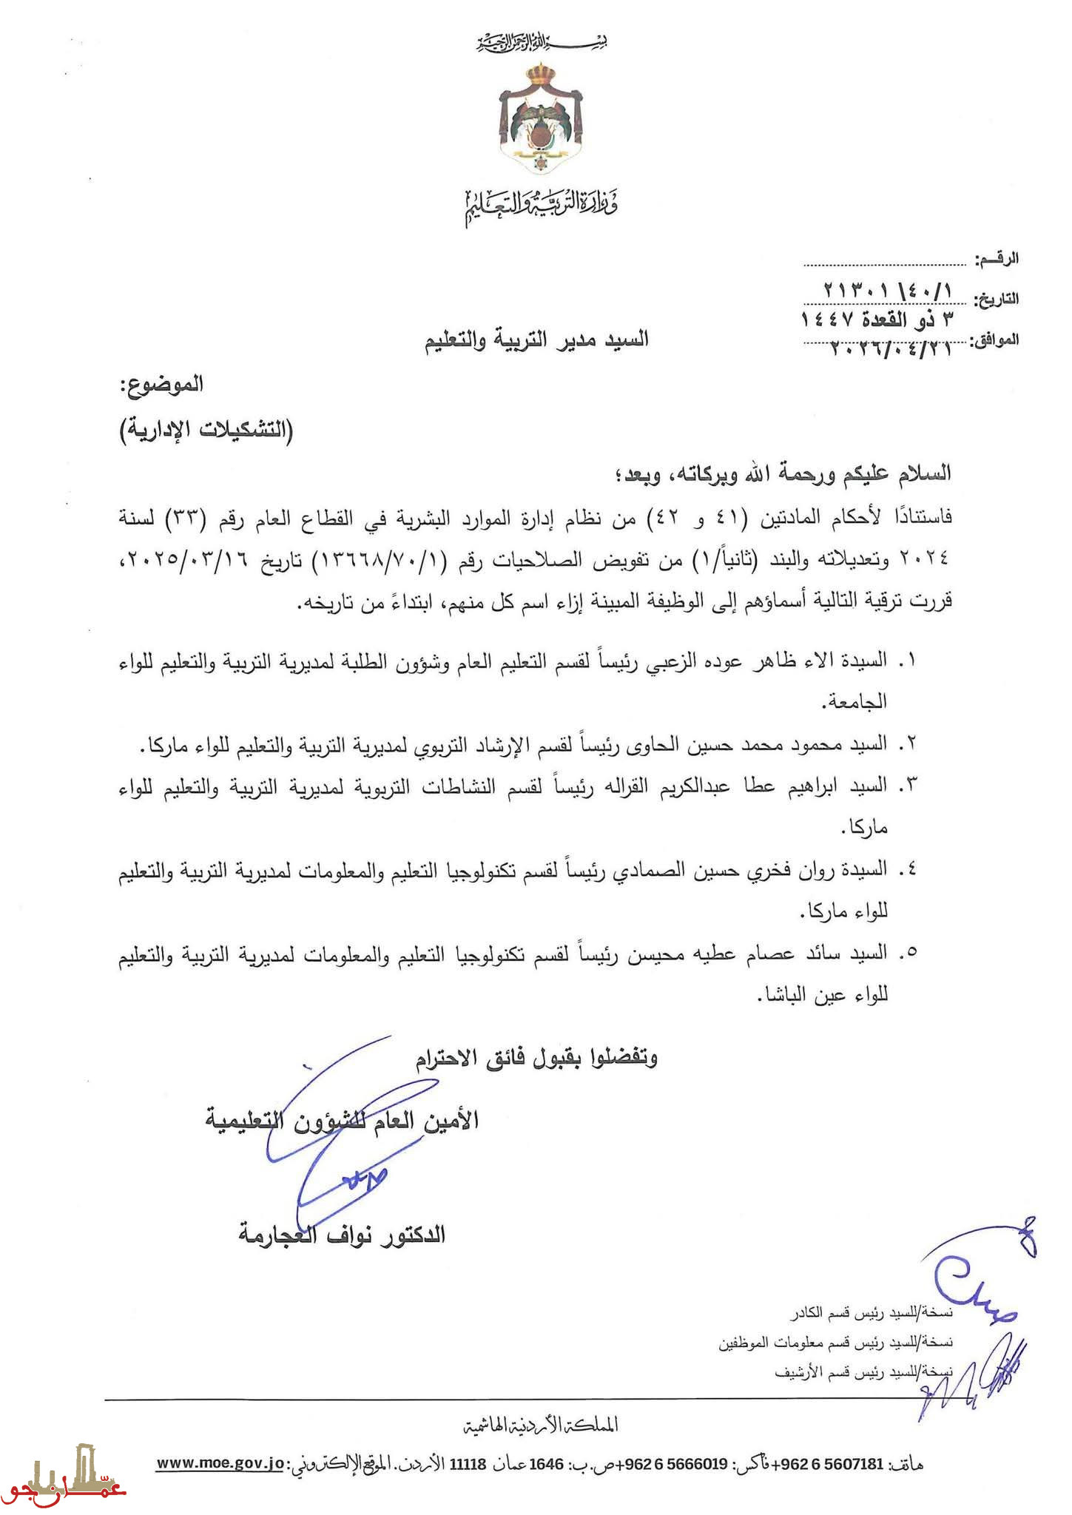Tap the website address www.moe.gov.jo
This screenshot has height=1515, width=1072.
click(x=220, y=1463)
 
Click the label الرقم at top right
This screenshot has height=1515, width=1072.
click(x=997, y=259)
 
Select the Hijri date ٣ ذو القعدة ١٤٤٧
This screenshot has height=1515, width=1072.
click(x=877, y=320)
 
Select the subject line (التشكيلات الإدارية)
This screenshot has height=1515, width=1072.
click(x=207, y=429)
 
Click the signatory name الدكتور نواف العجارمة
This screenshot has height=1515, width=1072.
click(x=342, y=1234)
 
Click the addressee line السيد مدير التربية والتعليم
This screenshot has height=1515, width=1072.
click(x=536, y=340)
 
